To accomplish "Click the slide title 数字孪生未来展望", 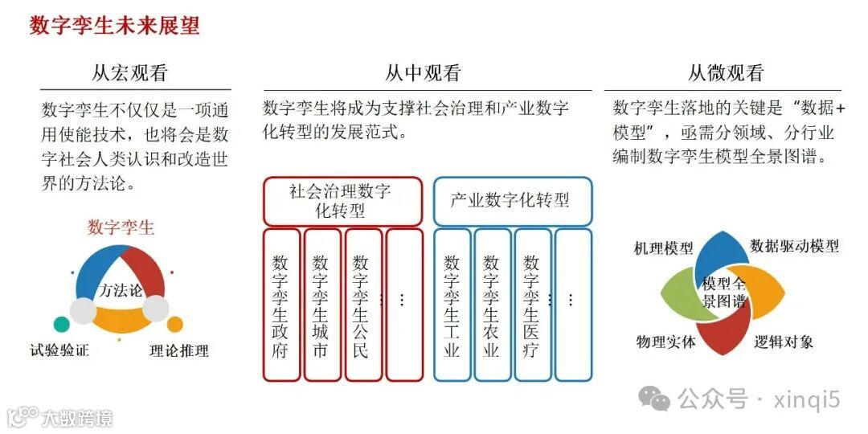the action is (x=114, y=26).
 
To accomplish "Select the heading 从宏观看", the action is (x=129, y=74).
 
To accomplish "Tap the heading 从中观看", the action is (x=423, y=74).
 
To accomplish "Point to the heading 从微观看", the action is (x=725, y=74).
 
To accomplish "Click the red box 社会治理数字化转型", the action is (x=342, y=201).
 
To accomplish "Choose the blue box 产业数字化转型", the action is (x=512, y=201).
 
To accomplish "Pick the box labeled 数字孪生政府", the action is (x=280, y=305).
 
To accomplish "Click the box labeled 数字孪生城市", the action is (x=321, y=305).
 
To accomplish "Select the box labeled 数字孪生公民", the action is (x=362, y=305).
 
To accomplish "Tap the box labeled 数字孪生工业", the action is (x=452, y=305).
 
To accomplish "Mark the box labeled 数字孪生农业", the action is (x=492, y=305).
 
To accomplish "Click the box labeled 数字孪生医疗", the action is (x=531, y=305).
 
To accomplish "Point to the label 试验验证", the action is (x=59, y=350).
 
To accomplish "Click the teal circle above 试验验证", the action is (x=62, y=325).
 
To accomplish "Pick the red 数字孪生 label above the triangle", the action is (x=121, y=227).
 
